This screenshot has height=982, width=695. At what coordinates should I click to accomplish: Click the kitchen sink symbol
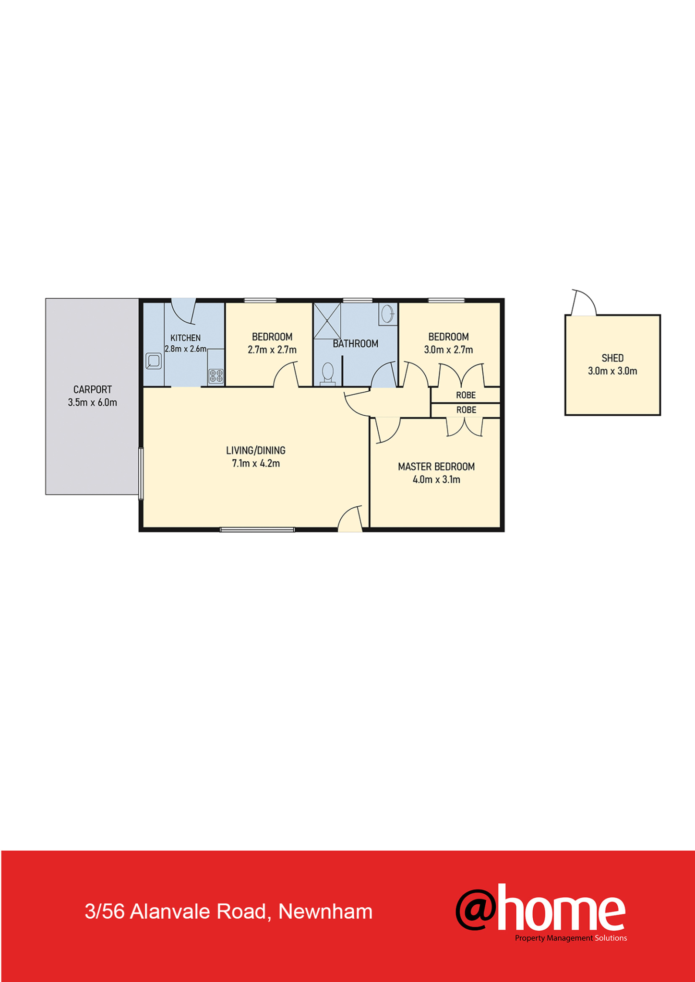[153, 361]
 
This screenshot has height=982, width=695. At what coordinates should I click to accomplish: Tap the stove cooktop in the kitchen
[216, 376]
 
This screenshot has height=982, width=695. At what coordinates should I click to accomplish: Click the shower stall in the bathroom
[327, 321]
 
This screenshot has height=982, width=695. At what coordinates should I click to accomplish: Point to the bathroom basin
[387, 314]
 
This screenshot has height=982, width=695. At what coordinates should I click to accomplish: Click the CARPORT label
[93, 390]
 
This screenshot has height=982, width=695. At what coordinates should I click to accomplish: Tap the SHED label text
[612, 358]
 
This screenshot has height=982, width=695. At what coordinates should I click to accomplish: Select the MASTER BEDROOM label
[436, 467]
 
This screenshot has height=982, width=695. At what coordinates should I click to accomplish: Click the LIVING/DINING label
[256, 450]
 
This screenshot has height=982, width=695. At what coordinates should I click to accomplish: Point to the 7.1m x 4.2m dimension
[256, 464]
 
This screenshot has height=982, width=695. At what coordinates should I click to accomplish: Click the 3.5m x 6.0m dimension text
[93, 403]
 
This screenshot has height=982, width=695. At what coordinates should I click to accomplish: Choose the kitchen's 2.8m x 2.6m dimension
[186, 349]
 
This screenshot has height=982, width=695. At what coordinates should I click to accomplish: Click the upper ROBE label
[466, 395]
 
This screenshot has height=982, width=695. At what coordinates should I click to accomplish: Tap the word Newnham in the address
[325, 912]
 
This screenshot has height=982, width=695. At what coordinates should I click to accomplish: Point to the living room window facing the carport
[141, 474]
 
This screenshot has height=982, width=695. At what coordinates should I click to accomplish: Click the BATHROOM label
[356, 344]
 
